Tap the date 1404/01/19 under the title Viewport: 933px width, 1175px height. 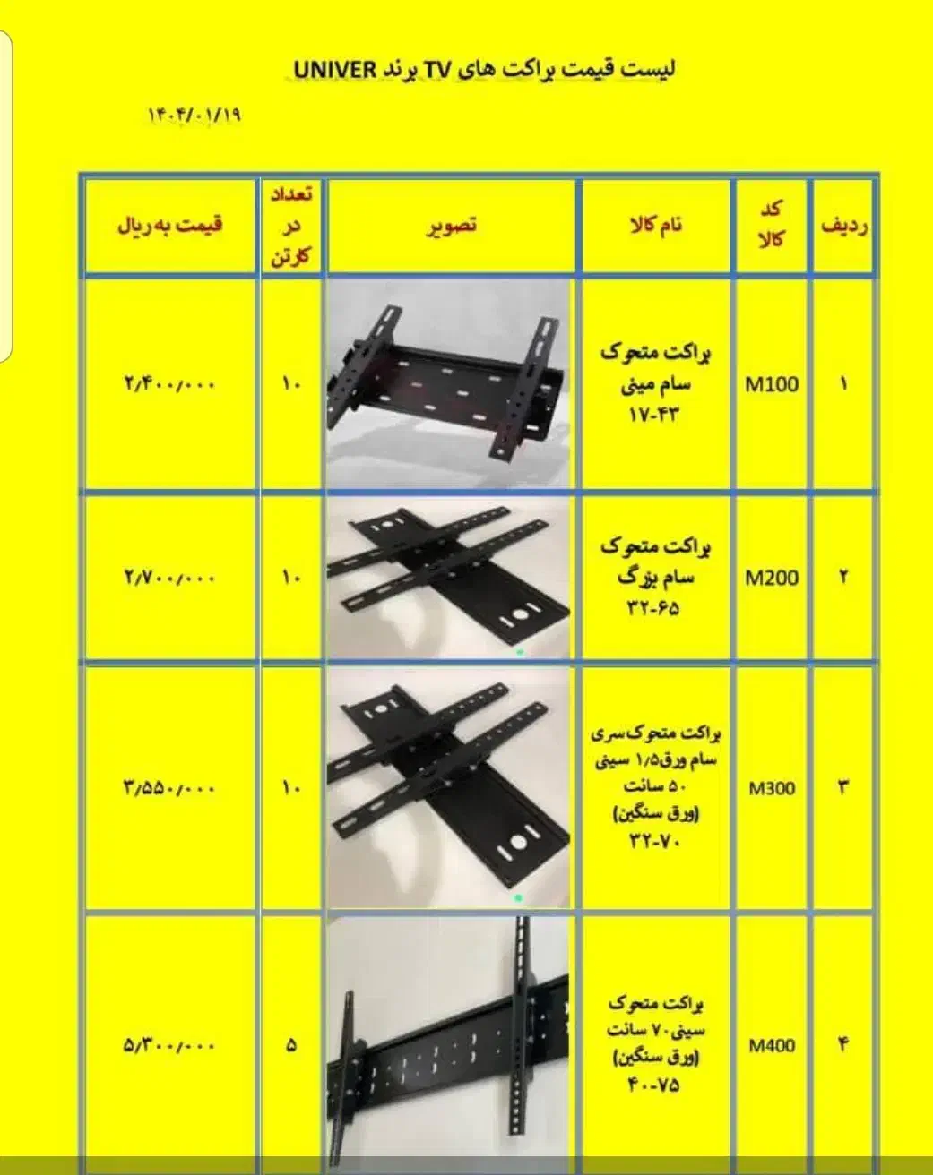coord(194,116)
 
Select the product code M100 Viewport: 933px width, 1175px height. coord(772,385)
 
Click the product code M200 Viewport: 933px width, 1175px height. coord(772,578)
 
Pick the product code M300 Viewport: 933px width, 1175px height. coord(772,788)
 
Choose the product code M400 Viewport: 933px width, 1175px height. coord(772,1046)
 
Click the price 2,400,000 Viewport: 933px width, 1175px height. coord(169,385)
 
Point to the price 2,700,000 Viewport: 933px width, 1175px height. coord(169,578)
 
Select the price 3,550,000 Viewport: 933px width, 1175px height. coord(169,788)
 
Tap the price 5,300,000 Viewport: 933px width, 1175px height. coord(169,1046)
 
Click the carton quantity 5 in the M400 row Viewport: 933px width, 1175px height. coord(291,1046)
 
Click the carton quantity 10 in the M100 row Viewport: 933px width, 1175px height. coord(291,385)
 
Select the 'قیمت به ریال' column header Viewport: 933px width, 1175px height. coord(170,226)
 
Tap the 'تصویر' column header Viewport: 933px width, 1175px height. coord(452,225)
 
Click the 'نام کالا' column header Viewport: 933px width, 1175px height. coord(656,225)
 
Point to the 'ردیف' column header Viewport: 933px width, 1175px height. coord(844,226)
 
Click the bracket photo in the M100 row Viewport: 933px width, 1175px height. coord(449,384)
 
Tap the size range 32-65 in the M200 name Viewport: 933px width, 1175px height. coord(654,608)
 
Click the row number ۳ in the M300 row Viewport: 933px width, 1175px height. coord(843,788)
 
